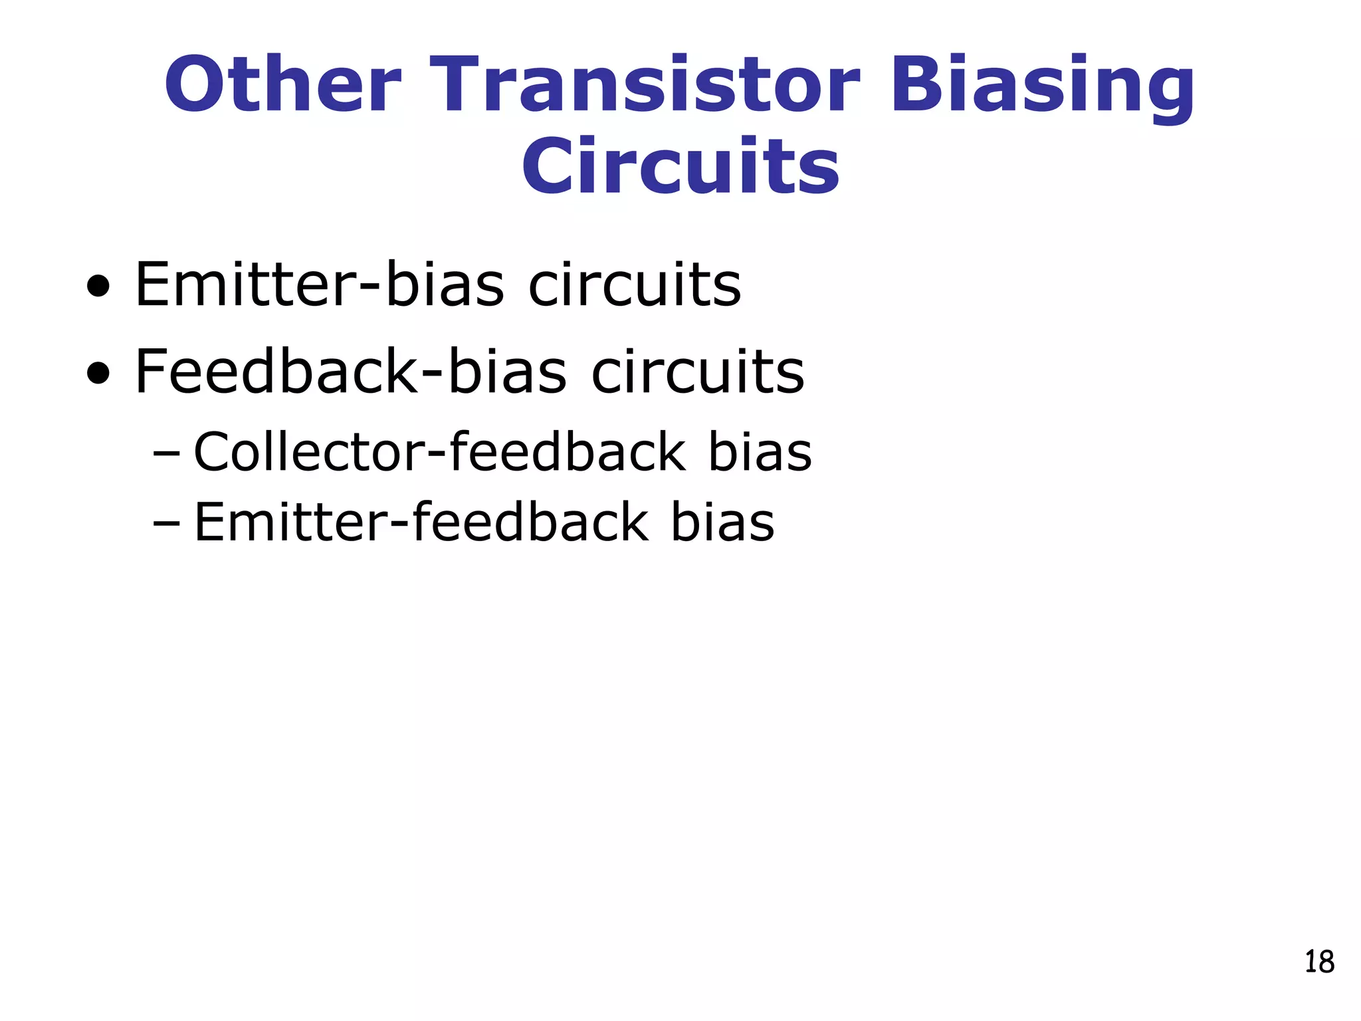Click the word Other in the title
point(283,84)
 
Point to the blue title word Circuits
point(680,166)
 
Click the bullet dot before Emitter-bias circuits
point(98,286)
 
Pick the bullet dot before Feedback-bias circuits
point(98,374)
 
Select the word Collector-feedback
point(439,452)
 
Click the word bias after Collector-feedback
point(760,452)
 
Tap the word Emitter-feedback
point(421,522)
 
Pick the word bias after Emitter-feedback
point(722,522)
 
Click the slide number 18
point(1319,962)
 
